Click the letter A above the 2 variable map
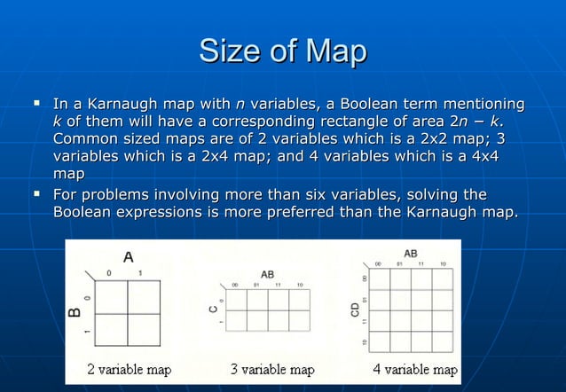pos(128,257)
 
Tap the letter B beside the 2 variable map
pos(75,311)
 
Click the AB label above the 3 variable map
pos(267,274)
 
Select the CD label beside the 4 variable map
pos(355,310)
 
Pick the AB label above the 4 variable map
pos(411,253)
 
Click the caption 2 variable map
pos(129,369)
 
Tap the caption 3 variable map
pos(272,369)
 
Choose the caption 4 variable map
pos(415,369)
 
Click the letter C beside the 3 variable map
pos(212,310)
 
